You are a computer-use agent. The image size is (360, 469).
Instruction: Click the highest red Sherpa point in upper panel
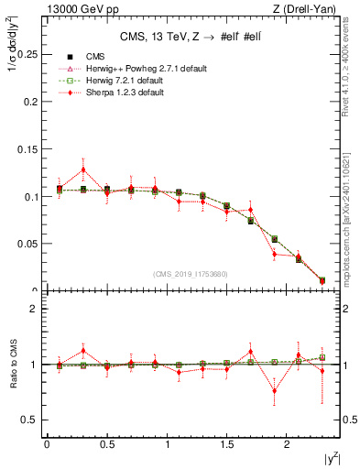coord(83,169)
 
